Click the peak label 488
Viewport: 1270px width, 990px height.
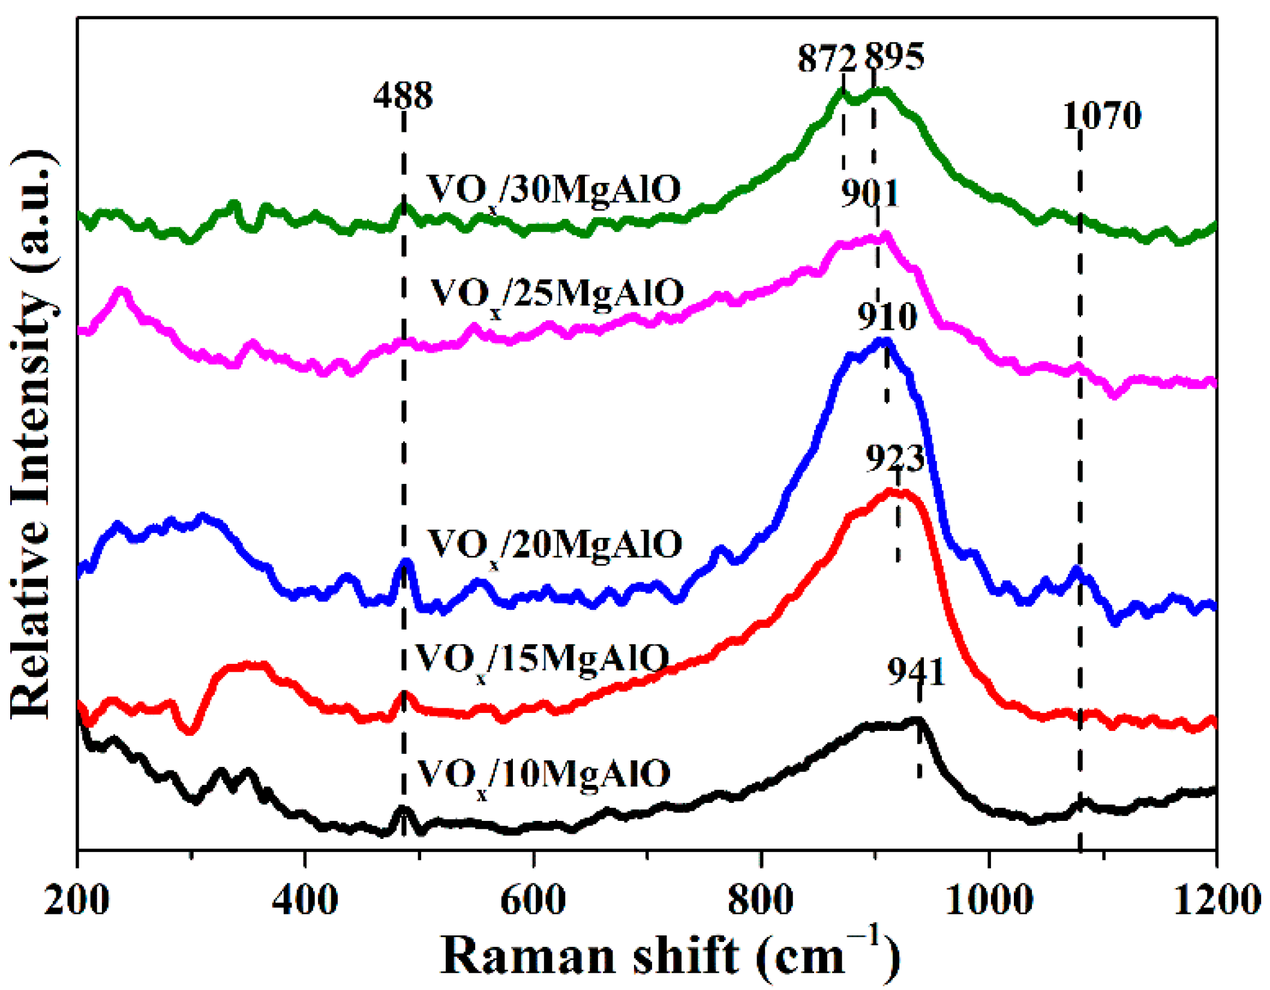pos(403,95)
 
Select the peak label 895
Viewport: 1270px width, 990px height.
pos(894,58)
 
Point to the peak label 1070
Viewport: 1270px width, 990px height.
pos(1102,116)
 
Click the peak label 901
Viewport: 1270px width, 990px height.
pos(870,193)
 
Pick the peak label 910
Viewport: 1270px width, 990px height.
pos(887,316)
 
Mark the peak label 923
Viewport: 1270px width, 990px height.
pos(894,459)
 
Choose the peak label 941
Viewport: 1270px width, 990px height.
pos(916,672)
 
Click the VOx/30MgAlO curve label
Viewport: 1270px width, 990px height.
pos(554,191)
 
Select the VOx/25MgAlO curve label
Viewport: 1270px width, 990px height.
pos(557,294)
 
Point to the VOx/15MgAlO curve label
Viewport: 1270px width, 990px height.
pos(542,660)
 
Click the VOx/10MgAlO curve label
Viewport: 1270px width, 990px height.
pos(544,775)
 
